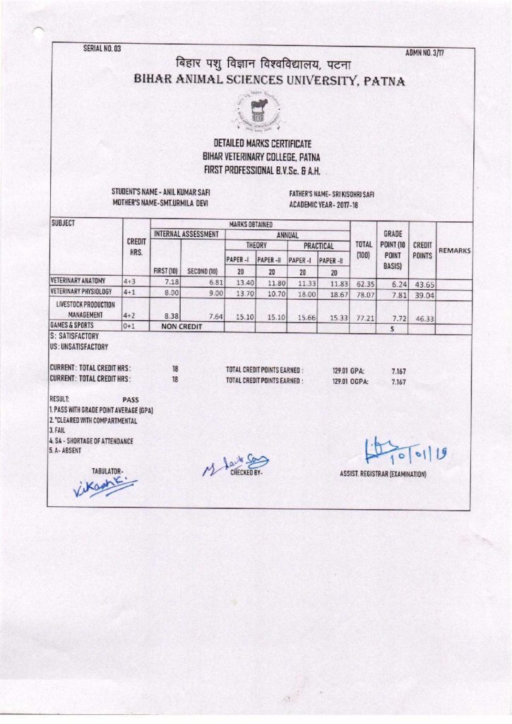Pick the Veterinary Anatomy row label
[x=78, y=280]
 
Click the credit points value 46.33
[x=424, y=320]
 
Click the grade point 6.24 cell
[x=393, y=281]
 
